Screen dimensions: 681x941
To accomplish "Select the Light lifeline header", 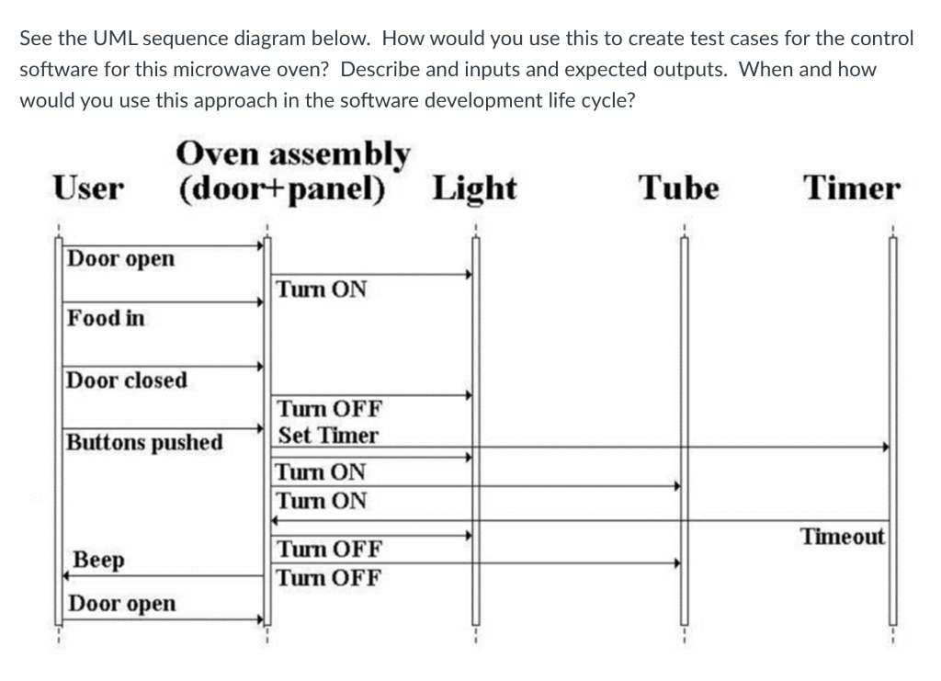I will (474, 188).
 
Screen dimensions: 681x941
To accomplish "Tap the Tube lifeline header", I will (679, 188).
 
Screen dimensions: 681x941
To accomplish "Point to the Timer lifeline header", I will (852, 188).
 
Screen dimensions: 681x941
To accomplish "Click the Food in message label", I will (107, 319).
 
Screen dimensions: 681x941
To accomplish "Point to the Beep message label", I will (99, 560).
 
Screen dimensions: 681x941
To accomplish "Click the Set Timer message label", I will (327, 435).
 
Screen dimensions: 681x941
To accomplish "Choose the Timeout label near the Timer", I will (843, 536).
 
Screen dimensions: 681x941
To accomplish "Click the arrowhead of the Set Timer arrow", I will (886, 448).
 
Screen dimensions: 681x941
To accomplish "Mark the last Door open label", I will (122, 604).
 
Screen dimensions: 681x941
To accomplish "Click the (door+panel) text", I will (281, 188).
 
